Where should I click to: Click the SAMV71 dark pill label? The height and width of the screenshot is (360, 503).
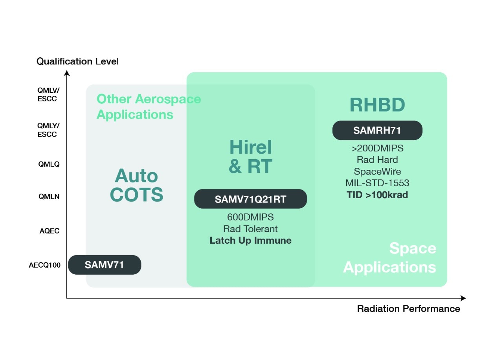(105, 265)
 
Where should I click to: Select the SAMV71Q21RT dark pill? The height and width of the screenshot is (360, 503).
(250, 199)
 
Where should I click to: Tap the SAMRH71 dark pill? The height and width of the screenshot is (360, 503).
(377, 130)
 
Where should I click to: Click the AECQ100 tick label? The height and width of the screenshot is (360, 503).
(45, 265)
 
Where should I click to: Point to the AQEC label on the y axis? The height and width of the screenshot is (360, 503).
(50, 231)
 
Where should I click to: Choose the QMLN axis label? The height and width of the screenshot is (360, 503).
(49, 197)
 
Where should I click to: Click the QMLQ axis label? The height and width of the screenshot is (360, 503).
(49, 164)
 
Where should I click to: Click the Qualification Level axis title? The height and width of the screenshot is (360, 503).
(77, 61)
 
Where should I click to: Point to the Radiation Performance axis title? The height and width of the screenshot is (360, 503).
(408, 309)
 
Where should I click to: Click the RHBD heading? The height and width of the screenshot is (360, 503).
(377, 105)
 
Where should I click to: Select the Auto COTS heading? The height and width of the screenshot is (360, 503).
(136, 185)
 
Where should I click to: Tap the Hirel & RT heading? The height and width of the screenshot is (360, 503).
(251, 157)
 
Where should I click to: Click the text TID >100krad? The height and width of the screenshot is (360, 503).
(377, 195)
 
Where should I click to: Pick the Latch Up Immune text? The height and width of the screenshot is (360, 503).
(251, 240)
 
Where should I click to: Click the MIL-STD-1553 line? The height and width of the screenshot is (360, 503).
(377, 183)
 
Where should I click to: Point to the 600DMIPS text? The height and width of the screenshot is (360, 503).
(250, 217)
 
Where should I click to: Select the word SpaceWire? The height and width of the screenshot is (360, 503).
(377, 171)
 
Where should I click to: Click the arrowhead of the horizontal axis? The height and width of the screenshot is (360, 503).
(464, 298)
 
